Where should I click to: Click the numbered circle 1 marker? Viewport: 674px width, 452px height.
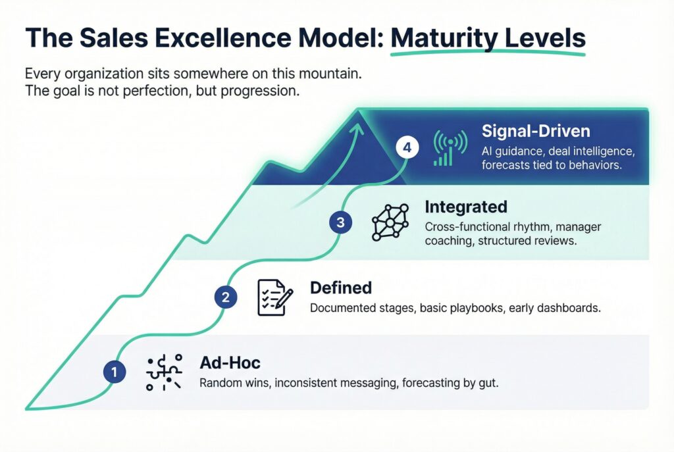[115, 372]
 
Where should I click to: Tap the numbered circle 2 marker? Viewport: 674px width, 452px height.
[226, 297]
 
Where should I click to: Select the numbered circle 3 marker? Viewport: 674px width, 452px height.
[340, 222]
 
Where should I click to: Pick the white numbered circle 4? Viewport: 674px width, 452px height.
[407, 147]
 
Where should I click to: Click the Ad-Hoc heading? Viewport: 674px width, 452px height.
[230, 363]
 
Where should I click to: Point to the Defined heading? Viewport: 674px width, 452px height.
[341, 288]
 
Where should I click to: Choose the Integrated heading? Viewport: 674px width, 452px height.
[466, 207]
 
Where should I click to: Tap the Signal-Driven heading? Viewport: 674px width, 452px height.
[536, 131]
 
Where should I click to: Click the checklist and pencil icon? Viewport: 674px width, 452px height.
[275, 297]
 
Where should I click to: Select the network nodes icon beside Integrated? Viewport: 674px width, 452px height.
[390, 222]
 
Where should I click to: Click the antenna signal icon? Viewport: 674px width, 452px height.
[450, 148]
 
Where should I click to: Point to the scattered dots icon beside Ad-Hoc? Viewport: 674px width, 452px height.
[164, 372]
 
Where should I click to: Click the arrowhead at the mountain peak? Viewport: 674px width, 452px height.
[357, 128]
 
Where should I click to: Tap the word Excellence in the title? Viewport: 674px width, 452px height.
[223, 38]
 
